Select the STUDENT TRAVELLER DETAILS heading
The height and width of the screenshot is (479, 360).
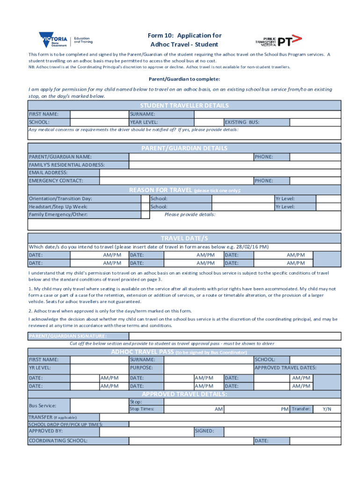tap(184, 106)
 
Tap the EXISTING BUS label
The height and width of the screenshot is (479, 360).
tap(242, 122)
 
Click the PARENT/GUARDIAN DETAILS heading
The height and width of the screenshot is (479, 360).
tap(184, 148)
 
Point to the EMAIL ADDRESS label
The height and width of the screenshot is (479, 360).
tap(48, 173)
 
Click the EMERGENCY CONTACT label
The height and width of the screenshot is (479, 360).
tap(56, 181)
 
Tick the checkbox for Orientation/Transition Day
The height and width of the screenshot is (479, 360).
tap(145, 198)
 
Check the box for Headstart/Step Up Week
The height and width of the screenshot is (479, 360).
tap(145, 206)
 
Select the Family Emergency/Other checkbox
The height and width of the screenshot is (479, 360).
tap(145, 214)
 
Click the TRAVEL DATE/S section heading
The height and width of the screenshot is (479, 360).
tap(184, 238)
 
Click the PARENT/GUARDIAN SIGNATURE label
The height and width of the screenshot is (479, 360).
tap(68, 336)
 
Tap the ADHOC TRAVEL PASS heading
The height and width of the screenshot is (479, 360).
tap(142, 352)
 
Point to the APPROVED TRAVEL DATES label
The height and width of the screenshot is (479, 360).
tap(285, 368)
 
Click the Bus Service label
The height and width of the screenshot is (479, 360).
tap(43, 405)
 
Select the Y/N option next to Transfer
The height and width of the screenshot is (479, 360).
tap(327, 409)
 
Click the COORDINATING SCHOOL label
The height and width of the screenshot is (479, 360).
tap(58, 441)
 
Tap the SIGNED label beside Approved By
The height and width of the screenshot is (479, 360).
tap(204, 431)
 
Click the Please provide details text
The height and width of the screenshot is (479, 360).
tap(190, 214)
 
